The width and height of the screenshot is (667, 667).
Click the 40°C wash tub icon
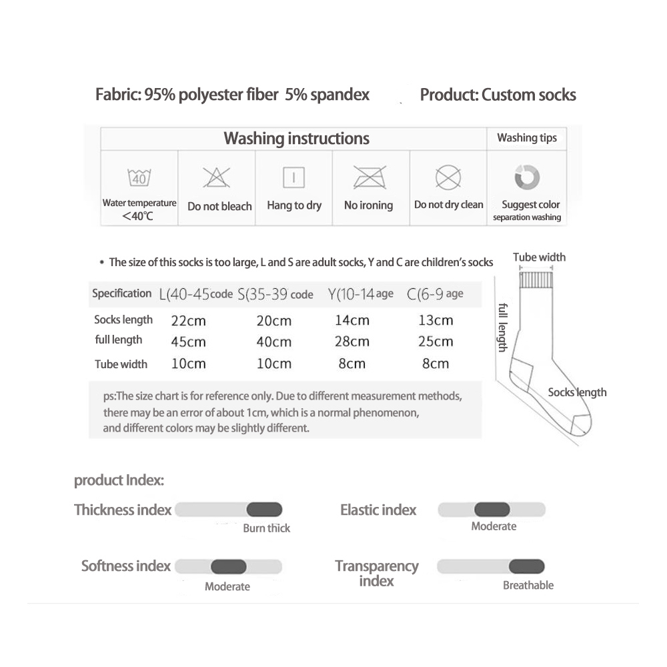point(139,178)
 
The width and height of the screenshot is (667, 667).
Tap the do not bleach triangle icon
point(216,177)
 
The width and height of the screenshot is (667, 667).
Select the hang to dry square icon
point(293,177)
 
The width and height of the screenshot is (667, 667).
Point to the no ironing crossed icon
point(368,177)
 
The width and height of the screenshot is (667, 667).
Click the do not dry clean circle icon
point(448,177)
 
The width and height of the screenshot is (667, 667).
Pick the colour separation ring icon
point(527,177)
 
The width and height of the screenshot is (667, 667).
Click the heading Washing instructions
point(296,139)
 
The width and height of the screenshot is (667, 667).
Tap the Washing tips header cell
point(526,138)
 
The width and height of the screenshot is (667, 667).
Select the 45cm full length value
point(188,342)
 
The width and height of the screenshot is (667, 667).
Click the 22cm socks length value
point(188,320)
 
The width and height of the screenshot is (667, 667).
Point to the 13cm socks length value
point(436,320)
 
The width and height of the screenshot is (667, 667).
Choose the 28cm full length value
point(352,342)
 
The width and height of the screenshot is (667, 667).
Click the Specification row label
point(122,293)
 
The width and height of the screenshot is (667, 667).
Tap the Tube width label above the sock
point(539,257)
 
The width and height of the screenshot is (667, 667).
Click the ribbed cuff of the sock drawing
point(536,279)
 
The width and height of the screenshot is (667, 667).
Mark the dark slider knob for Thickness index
point(264,510)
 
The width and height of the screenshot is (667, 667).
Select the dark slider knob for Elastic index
point(492,510)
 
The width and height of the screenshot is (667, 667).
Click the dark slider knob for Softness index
point(228,567)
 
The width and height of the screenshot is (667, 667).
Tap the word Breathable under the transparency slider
point(528,585)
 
